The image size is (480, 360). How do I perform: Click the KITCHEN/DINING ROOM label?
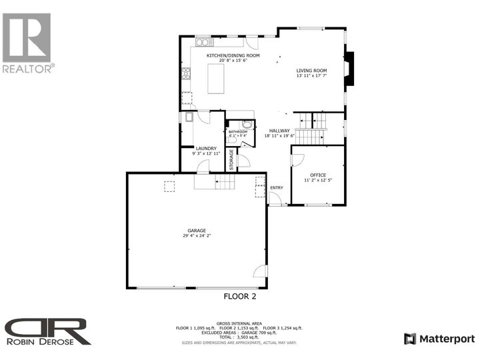coord(233,55)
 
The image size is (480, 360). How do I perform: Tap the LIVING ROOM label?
coord(312,70)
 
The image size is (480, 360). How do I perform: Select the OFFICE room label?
coord(318,175)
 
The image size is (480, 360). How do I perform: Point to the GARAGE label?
coord(196,231)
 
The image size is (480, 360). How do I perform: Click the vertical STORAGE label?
coord(232,159)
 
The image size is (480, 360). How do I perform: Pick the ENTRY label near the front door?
coord(277,187)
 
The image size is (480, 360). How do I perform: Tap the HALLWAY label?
coord(279,131)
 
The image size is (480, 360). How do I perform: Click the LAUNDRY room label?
coord(206,148)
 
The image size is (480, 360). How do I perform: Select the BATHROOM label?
coord(237,132)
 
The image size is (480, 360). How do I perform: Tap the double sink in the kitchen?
coord(201,43)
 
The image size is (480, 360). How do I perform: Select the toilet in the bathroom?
coord(247,124)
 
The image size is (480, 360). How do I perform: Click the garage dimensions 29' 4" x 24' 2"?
coord(196,236)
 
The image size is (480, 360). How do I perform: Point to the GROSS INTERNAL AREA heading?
coord(238,322)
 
